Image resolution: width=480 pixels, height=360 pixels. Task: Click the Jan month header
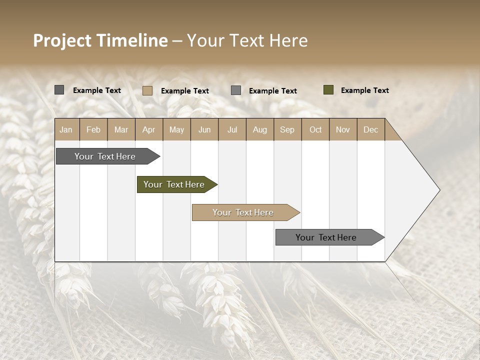click(x=66, y=129)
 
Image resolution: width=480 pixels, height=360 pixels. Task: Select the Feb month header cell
click(x=93, y=129)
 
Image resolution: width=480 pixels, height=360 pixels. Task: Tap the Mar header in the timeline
click(x=121, y=129)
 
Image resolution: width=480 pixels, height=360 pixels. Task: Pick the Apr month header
click(x=149, y=129)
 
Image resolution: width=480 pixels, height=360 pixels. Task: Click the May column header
click(x=176, y=129)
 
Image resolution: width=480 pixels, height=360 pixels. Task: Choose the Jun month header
click(x=204, y=129)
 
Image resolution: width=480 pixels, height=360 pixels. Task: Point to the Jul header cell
click(x=232, y=129)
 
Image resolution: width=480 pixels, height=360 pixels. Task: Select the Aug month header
click(x=260, y=129)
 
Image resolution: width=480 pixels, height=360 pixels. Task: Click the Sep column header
click(x=287, y=129)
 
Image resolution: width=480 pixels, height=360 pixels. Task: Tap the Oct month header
click(x=315, y=129)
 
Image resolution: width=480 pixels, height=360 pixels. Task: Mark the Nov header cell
click(x=343, y=129)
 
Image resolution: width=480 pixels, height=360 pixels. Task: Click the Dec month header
click(x=371, y=129)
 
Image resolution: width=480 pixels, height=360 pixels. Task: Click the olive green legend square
click(x=328, y=90)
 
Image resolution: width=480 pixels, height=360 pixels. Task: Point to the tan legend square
click(x=147, y=90)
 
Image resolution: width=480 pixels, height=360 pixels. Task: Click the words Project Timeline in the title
click(x=100, y=40)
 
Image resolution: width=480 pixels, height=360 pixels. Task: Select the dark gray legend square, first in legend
click(x=59, y=90)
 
